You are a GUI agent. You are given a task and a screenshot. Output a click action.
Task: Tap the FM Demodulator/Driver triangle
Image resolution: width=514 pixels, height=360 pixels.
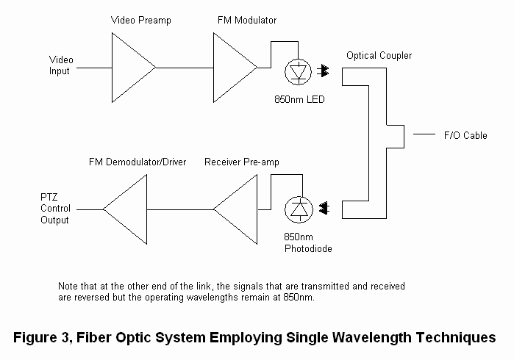[x=129, y=209]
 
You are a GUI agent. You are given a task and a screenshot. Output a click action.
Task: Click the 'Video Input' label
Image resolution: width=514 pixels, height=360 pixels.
[x=60, y=65]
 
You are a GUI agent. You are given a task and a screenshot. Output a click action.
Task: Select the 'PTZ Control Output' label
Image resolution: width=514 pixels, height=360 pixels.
[x=55, y=209]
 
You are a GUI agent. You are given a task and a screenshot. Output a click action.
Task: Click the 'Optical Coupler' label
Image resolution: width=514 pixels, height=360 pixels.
[x=379, y=56]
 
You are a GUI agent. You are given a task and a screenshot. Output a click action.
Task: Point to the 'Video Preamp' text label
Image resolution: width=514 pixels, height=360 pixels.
[x=140, y=21]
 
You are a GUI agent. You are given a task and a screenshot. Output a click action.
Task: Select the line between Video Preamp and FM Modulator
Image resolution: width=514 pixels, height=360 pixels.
[x=184, y=68]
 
